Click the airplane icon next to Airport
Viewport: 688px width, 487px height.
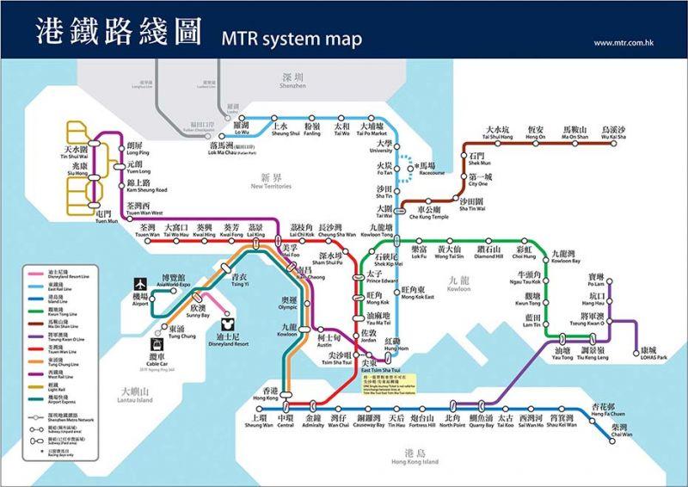pos(139,283)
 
